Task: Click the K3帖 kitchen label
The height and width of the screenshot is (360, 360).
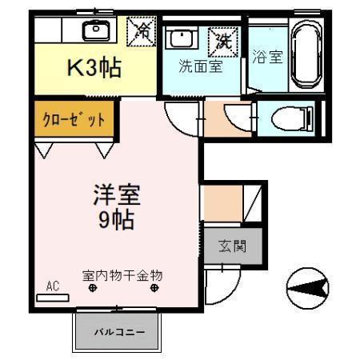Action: pyautogui.click(x=94, y=68)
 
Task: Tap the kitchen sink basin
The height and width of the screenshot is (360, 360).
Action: pyautogui.click(x=96, y=30)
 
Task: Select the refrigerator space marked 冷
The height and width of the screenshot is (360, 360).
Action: pyautogui.click(x=142, y=31)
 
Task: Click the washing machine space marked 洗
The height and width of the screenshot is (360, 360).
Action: pyautogui.click(x=223, y=42)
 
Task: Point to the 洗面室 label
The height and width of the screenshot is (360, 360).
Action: pyautogui.click(x=201, y=66)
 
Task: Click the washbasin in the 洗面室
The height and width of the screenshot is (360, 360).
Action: pyautogui.click(x=182, y=38)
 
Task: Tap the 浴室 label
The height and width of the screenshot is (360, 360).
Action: pyautogui.click(x=267, y=56)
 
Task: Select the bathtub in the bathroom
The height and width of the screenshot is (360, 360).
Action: pyautogui.click(x=306, y=54)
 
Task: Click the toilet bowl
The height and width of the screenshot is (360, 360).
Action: pyautogui.click(x=292, y=118)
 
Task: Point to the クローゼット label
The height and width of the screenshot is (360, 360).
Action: pyautogui.click(x=74, y=120)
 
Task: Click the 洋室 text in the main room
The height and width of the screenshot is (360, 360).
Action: pyautogui.click(x=117, y=195)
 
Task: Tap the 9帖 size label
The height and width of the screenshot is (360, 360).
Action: pyautogui.click(x=117, y=220)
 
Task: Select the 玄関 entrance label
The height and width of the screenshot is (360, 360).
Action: pyautogui.click(x=232, y=246)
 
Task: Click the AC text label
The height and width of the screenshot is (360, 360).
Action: pyautogui.click(x=53, y=286)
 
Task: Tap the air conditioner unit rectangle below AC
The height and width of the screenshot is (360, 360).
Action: pyautogui.click(x=53, y=298)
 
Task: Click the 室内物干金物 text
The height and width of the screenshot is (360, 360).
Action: pyautogui.click(x=122, y=275)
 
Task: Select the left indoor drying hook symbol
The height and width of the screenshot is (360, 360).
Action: pyautogui.click(x=93, y=288)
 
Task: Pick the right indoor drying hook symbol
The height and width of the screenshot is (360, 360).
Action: pyautogui.click(x=154, y=288)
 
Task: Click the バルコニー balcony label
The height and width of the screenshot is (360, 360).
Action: pyautogui.click(x=120, y=332)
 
